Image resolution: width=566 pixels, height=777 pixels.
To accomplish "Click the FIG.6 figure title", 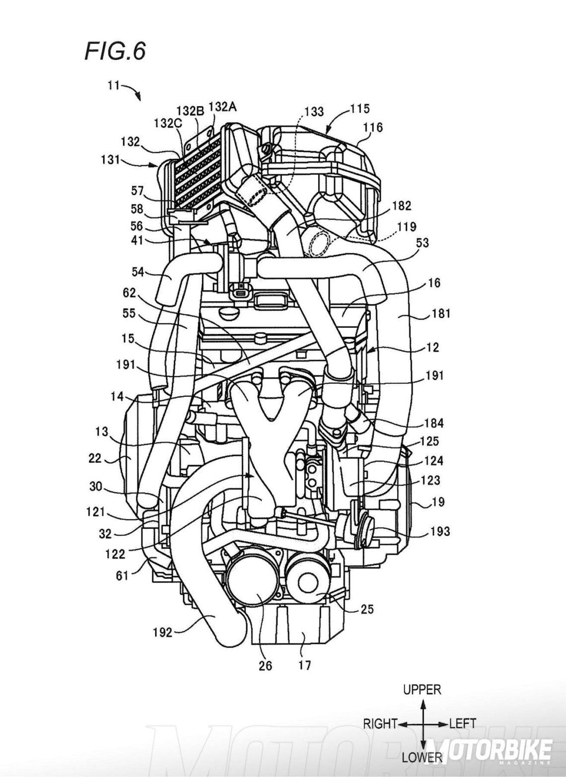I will point(115,51).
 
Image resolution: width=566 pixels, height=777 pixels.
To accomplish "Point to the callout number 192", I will point(162,632).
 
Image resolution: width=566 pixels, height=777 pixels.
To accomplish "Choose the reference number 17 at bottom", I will point(304,664).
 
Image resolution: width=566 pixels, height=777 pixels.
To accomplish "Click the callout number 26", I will point(266,665).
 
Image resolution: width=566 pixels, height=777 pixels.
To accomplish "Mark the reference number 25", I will point(368,609).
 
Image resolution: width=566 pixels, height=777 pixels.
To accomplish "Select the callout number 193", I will point(438,531).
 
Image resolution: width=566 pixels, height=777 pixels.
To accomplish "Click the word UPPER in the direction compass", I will point(422,689).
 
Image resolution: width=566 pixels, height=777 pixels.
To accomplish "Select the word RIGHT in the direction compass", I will point(379,723).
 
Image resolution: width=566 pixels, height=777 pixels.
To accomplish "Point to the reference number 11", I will point(113,85).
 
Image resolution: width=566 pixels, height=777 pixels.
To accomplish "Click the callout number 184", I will point(434,424).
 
